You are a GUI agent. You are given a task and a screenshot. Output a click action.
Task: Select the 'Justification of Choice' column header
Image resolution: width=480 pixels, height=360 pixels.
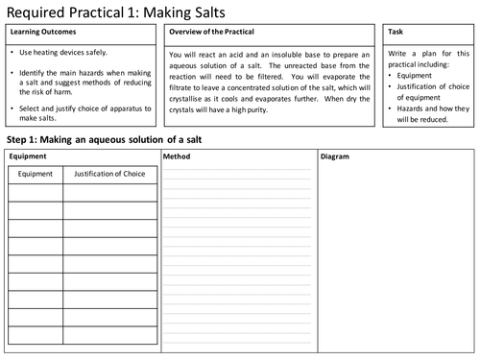coord(109,175)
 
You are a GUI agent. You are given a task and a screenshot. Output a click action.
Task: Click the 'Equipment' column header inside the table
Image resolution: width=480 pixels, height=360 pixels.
coord(36,175)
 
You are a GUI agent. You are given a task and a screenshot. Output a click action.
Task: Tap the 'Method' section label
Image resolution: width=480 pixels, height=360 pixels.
coord(178,156)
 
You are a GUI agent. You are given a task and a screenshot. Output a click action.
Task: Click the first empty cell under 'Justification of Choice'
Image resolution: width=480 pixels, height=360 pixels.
coord(109,192)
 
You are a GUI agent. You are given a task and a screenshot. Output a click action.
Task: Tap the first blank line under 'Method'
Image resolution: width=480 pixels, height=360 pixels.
coord(238,170)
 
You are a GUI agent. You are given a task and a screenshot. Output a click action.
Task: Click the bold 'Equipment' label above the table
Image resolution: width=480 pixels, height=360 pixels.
coord(26,156)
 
